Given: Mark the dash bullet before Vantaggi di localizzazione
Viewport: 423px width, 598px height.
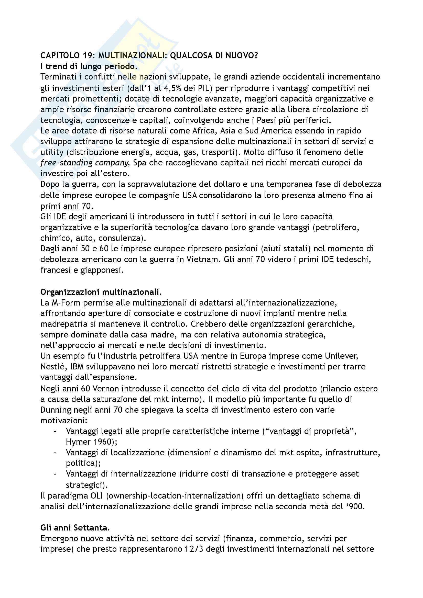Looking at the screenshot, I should [55, 453].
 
